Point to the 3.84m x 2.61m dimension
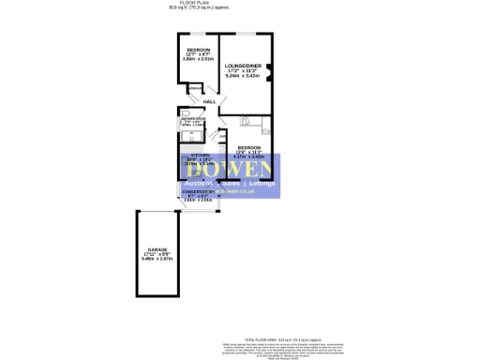click(198, 59)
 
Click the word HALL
click(209, 100)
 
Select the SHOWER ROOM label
click(192, 120)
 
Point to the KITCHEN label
click(201, 154)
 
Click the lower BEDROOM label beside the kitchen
click(247, 147)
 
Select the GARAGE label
click(157, 249)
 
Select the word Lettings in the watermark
click(266, 183)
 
